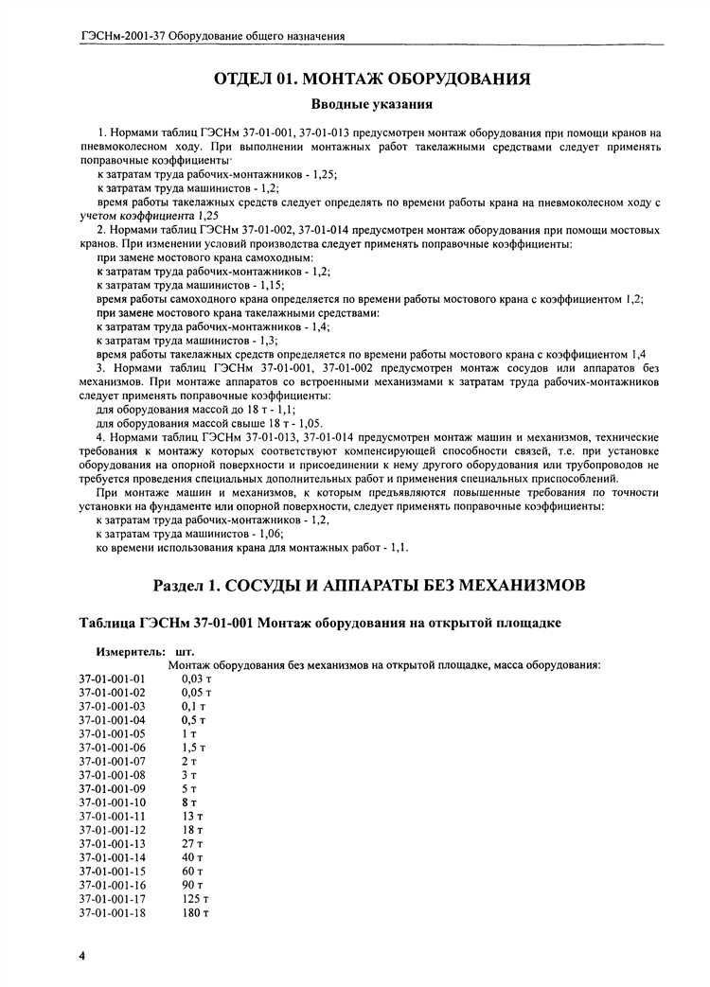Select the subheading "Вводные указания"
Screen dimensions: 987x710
click(372, 104)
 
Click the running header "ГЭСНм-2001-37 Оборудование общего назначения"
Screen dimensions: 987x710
click(213, 36)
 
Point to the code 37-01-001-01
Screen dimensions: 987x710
click(113, 679)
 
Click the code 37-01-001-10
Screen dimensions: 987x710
click(113, 802)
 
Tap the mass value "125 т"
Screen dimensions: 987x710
click(195, 898)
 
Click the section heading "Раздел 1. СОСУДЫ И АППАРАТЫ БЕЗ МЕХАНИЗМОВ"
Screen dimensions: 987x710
click(372, 586)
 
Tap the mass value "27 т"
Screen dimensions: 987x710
click(192, 843)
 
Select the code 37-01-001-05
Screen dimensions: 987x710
click(113, 733)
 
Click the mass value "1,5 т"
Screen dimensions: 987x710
click(193, 748)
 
